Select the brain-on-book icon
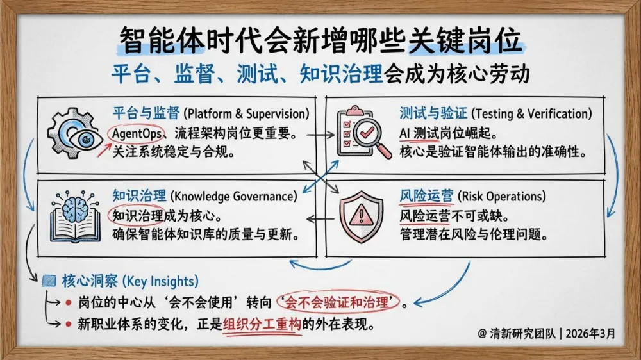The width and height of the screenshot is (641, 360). (75, 215)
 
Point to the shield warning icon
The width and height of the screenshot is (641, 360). (361, 215)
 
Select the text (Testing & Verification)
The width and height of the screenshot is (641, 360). (531, 114)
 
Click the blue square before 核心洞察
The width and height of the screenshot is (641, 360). (49, 281)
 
